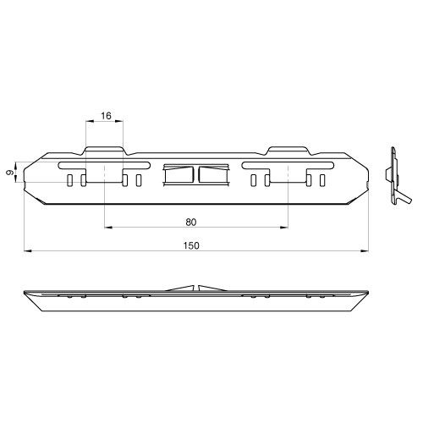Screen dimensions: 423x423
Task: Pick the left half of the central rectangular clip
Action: tap(179, 175)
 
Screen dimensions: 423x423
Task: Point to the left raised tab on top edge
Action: tap(104, 151)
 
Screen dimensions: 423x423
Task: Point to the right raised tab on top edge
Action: tap(285, 151)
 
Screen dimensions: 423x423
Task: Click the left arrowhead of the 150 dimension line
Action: tap(26, 250)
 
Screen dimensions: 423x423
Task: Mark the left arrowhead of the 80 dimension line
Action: tap(106, 228)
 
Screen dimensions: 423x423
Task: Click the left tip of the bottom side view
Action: tap(22, 293)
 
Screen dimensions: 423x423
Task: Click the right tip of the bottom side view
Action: tap(368, 293)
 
